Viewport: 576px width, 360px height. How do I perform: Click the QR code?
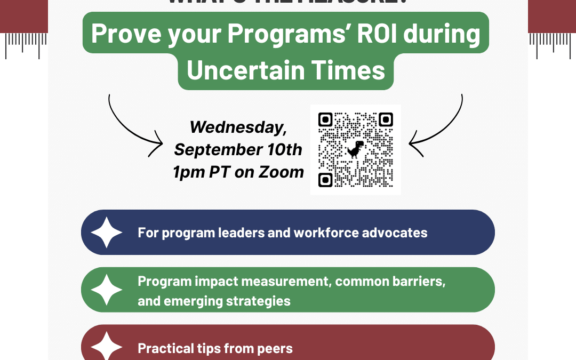356,150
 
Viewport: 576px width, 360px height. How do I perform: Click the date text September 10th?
238,149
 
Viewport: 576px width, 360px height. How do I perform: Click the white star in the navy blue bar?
107,233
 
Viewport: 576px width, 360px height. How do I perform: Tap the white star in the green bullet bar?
107,290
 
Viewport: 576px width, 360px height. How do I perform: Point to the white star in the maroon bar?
107,347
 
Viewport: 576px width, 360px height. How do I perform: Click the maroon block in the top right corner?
551,16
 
